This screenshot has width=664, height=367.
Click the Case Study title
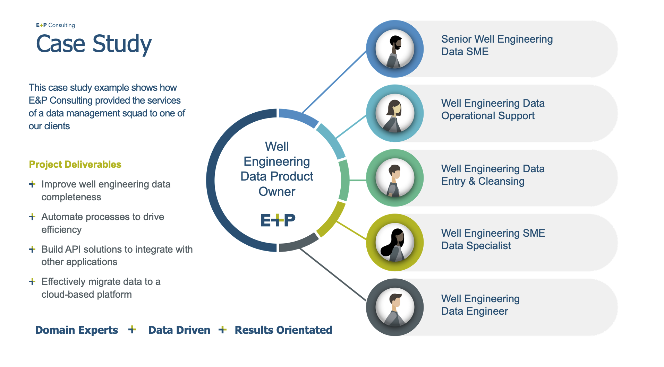point(94,44)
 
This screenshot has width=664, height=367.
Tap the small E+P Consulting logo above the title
point(56,25)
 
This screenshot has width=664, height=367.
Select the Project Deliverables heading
point(75,164)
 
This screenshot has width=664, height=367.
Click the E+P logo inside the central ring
point(278,220)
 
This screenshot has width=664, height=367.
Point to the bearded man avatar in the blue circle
point(395,49)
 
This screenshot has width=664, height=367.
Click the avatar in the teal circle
point(395,113)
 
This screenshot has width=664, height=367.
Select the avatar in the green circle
point(395,178)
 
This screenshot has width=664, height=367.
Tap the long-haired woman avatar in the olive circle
point(395,243)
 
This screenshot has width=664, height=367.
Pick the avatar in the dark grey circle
point(395,307)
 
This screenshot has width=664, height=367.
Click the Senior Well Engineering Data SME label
point(497,45)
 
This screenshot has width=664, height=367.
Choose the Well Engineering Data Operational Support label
point(493,110)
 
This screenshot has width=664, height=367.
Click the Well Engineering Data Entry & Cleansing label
point(493,175)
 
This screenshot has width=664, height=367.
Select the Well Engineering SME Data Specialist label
point(493,239)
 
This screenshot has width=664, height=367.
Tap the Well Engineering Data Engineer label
point(480,305)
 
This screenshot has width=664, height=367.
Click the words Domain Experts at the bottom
point(76,330)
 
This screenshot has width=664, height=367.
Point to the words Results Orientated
point(283,330)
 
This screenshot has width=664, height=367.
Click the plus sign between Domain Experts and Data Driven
point(132,330)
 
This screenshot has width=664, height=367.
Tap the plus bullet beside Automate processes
point(32,217)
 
